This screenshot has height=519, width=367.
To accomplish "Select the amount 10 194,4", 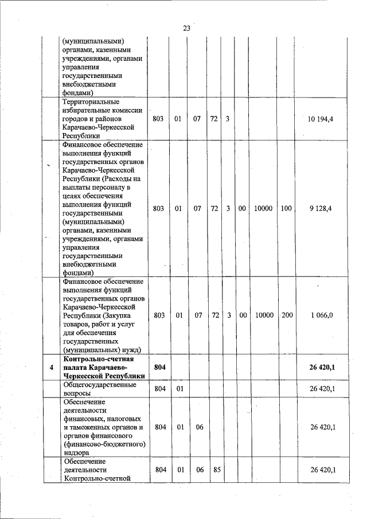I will [x=321, y=119].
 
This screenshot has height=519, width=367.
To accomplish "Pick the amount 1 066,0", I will [x=322, y=315].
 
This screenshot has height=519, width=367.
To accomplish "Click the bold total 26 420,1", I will [x=322, y=367].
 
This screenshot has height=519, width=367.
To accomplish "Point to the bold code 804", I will [x=160, y=367].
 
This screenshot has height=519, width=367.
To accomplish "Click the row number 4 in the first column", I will [x=52, y=367].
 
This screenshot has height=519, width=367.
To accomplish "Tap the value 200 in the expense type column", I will [x=287, y=315].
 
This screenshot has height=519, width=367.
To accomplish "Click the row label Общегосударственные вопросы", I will [x=100, y=389].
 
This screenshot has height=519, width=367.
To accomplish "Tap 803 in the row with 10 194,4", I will [x=159, y=119].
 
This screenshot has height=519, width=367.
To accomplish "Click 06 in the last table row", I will [x=198, y=470].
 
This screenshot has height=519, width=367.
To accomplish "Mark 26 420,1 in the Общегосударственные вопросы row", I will [x=322, y=389].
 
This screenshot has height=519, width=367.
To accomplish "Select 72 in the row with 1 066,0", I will [x=215, y=315].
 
